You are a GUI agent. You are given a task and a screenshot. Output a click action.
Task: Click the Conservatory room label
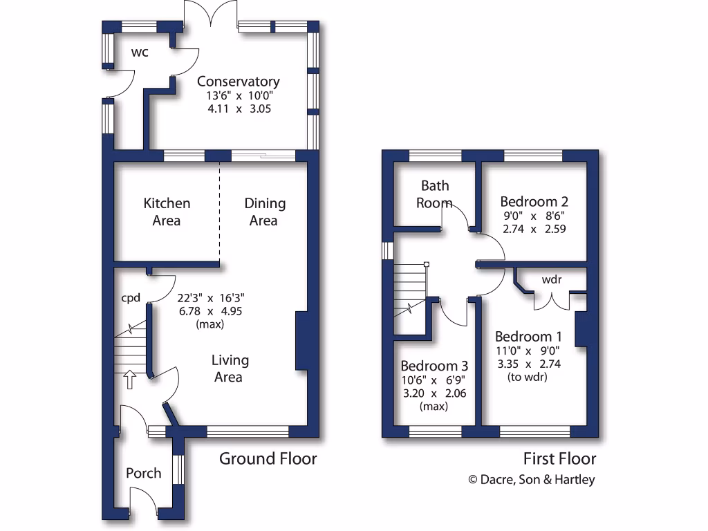click(x=238, y=82)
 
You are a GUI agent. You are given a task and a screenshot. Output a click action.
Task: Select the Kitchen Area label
click(x=167, y=212)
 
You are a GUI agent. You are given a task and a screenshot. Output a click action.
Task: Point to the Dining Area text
click(x=264, y=212)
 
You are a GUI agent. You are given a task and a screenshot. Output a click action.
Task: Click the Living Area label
click(x=230, y=369)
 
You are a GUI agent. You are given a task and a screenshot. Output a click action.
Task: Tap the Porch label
click(x=144, y=473)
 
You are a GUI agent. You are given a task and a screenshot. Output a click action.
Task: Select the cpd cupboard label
click(x=131, y=298)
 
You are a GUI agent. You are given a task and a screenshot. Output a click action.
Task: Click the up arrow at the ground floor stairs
click(x=129, y=378)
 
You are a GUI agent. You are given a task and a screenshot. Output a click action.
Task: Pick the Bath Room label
click(x=435, y=194)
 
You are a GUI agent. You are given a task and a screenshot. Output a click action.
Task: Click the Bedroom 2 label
click(x=534, y=202)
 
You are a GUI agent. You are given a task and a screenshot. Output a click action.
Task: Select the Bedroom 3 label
click(x=434, y=366)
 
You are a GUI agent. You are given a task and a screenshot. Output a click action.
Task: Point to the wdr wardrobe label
click(x=551, y=280)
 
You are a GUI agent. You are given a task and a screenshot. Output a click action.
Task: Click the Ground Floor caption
click(x=268, y=458)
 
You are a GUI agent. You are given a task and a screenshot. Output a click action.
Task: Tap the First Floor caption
click(x=559, y=458)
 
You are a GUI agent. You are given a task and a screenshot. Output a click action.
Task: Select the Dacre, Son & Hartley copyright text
click(x=531, y=480)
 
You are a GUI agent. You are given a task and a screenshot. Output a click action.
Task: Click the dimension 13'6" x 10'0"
click(x=238, y=97)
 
